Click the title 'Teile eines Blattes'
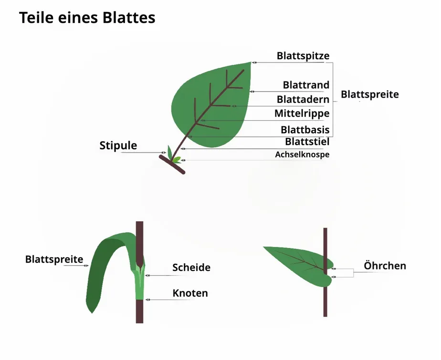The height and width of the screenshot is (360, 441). (x=87, y=18)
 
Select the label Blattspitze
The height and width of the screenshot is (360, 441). (x=303, y=56)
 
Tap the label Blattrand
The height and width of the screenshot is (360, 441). (x=306, y=85)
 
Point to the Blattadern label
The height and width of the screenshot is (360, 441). (x=303, y=100)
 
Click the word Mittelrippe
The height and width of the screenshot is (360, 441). (x=302, y=113)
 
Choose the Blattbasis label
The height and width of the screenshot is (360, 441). (x=304, y=130)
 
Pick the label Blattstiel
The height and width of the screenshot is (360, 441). (x=307, y=142)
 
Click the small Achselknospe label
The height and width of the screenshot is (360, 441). (x=302, y=154)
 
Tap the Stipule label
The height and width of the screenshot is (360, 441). (x=118, y=145)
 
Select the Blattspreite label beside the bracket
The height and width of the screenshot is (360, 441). (x=369, y=94)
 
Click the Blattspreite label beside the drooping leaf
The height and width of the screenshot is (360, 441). (x=54, y=259)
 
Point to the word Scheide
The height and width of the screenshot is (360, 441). (x=191, y=267)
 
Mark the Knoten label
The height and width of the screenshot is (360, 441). (x=190, y=293)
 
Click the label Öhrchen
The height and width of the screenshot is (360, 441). (x=385, y=265)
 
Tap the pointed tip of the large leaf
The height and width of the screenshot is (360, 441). (x=250, y=63)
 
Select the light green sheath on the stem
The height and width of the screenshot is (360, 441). (x=139, y=284)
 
